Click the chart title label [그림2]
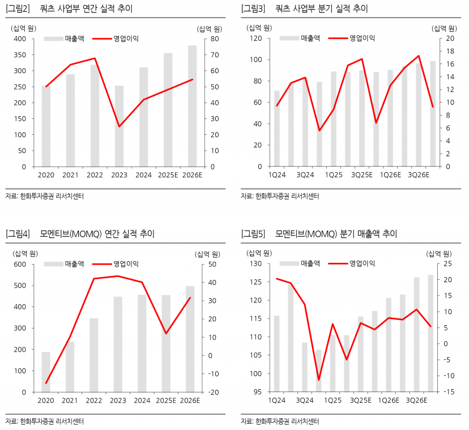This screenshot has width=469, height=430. point(18,8)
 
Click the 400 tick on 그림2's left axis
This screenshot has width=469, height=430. point(20,39)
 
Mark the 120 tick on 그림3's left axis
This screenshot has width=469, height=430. point(255,39)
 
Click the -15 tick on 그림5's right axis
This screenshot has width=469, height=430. point(447,392)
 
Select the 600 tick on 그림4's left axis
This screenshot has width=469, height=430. point(20,264)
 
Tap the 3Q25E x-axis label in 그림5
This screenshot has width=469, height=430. point(361,401)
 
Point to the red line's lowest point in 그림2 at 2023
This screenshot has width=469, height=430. point(119,126)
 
